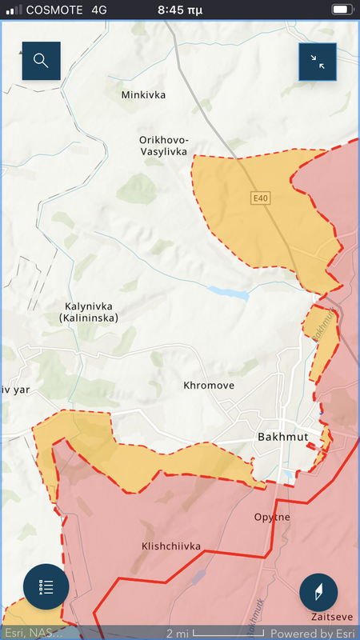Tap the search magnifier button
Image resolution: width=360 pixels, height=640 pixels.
pyautogui.click(x=41, y=61)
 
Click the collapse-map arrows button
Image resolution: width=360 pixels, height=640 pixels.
pyautogui.click(x=318, y=62)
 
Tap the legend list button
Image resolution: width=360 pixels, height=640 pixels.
pyautogui.click(x=46, y=586)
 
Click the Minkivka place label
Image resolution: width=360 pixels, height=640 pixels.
pyautogui.click(x=143, y=95)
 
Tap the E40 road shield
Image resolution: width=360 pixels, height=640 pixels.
pyautogui.click(x=260, y=198)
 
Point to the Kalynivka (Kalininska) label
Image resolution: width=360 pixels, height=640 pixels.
pyautogui.click(x=88, y=312)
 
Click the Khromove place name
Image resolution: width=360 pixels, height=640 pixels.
pyautogui.click(x=209, y=386)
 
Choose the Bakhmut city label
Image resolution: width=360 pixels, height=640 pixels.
pyautogui.click(x=284, y=437)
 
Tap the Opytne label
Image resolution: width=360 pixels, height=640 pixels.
pyautogui.click(x=272, y=517)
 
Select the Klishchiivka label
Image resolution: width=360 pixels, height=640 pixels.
pyautogui.click(x=170, y=546)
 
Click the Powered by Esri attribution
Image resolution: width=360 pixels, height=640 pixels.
pyautogui.click(x=311, y=634)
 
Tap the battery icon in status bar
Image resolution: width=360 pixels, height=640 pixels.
pyautogui.click(x=342, y=10)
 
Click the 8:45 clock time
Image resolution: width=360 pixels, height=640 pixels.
pyautogui.click(x=181, y=10)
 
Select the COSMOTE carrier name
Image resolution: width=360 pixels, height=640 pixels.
pyautogui.click(x=56, y=10)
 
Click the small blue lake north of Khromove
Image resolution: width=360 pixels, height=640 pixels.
pyautogui.click(x=227, y=293)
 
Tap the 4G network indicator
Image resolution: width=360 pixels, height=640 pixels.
pyautogui.click(x=100, y=10)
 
